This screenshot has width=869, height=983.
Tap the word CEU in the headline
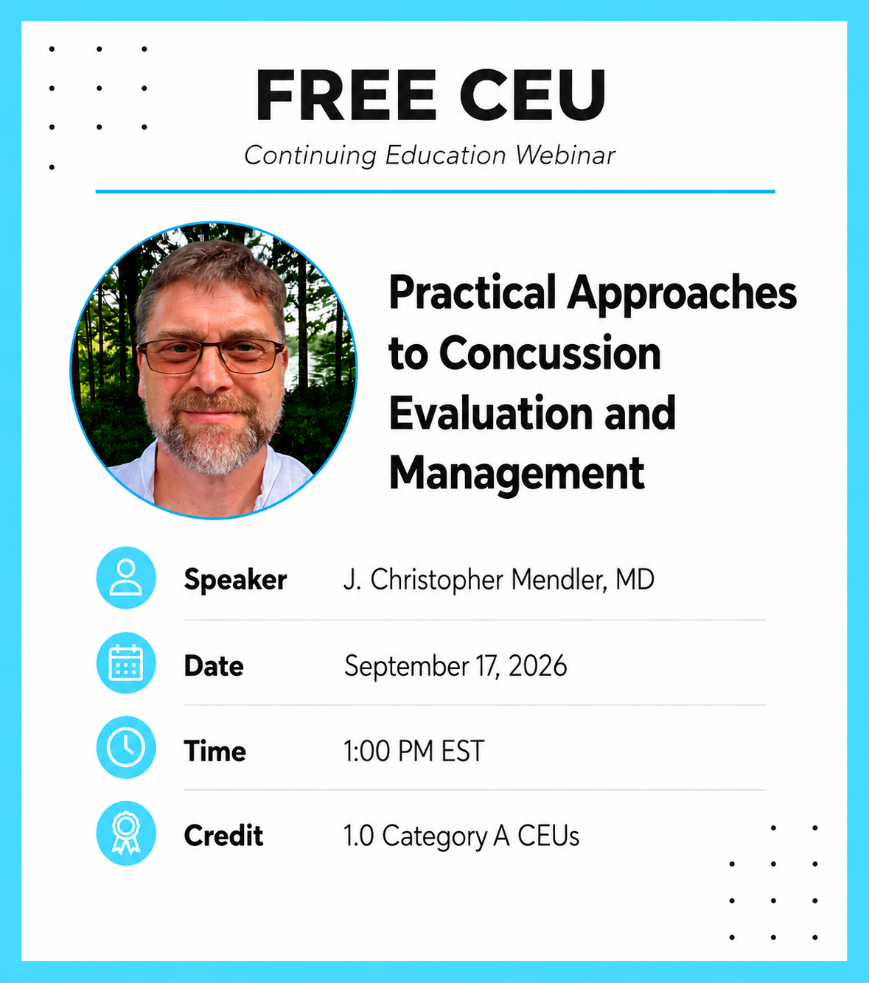[x=533, y=95]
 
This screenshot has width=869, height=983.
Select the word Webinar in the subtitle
[x=565, y=155]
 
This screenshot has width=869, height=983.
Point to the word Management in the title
[x=517, y=474]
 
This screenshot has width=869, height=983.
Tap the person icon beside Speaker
[x=126, y=578]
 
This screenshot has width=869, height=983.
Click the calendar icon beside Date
[x=126, y=662]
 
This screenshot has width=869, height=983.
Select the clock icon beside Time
[x=126, y=748]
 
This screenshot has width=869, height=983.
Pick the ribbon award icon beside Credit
[x=126, y=833]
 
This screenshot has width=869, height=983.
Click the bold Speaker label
[x=235, y=580]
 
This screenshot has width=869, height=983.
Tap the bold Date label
[x=214, y=665]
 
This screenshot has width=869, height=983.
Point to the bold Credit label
[x=223, y=836]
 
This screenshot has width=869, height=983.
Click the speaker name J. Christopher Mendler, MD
[x=498, y=580]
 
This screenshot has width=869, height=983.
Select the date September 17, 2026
[x=456, y=666]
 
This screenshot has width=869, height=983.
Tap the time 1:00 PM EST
[x=413, y=751]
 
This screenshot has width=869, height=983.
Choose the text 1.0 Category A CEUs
[x=461, y=836]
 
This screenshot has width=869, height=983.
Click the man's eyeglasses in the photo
[x=211, y=356]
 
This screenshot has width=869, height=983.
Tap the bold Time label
[x=214, y=751]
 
